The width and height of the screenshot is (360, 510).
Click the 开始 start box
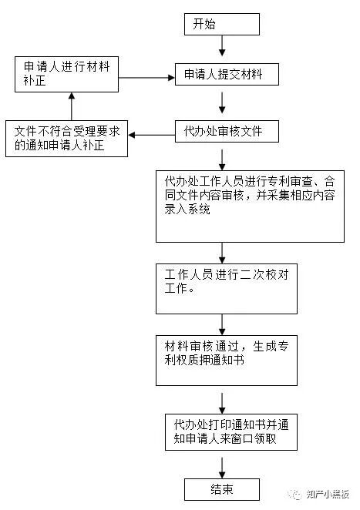click(221, 25)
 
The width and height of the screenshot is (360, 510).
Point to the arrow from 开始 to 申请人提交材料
click(222, 49)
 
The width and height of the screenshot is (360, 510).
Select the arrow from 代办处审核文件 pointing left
click(152, 136)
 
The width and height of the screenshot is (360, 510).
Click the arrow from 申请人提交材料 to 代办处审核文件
click(222, 102)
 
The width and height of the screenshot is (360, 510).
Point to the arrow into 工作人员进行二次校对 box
click(223, 252)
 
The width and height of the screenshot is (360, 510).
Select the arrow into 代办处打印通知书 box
click(223, 401)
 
